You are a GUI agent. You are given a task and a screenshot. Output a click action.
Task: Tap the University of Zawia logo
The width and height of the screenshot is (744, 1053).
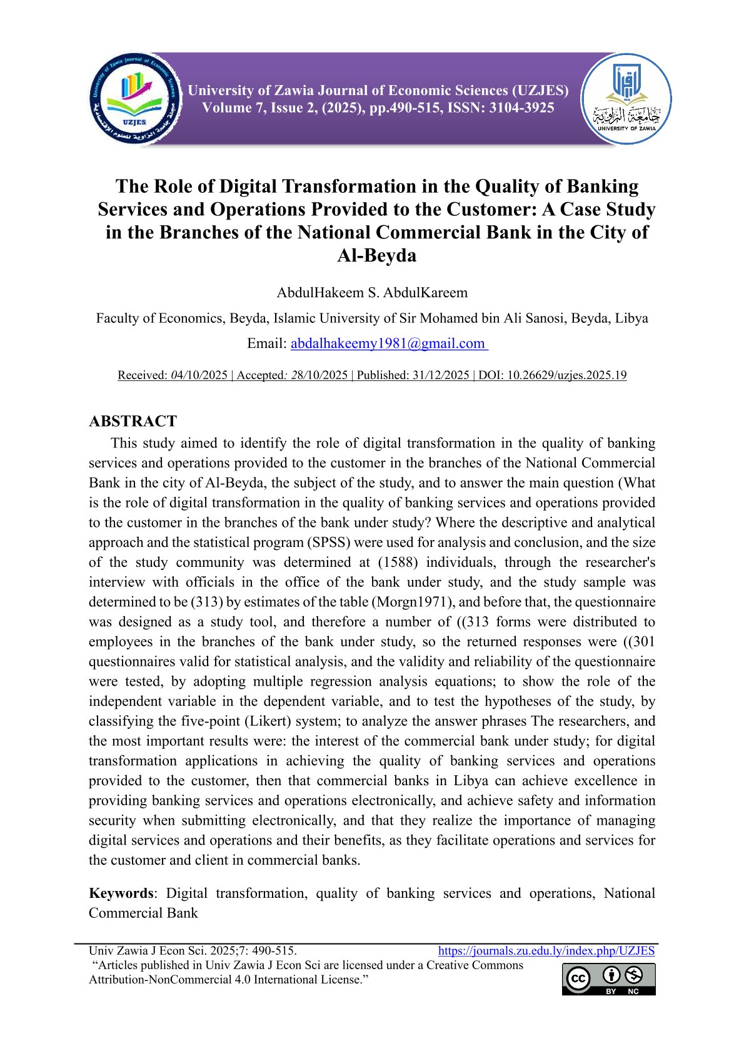point(626,99)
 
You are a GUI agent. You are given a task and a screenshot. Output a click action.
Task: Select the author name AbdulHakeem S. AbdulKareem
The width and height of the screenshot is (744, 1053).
point(372,293)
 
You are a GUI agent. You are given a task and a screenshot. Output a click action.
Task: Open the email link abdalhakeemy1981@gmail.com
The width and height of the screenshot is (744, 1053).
point(388,343)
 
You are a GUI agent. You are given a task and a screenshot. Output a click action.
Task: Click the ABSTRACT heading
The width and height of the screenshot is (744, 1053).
point(133,421)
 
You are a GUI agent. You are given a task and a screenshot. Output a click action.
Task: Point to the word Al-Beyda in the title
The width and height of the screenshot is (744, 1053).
point(376,255)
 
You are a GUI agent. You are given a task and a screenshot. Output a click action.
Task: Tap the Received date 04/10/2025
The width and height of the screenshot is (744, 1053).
point(199,375)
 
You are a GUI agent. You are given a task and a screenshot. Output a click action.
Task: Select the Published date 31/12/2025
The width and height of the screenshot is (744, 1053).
point(440,375)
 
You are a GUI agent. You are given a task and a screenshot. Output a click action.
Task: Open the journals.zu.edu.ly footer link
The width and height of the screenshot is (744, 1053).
point(546,951)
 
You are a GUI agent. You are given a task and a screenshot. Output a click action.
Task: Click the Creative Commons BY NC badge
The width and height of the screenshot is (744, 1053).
point(609,979)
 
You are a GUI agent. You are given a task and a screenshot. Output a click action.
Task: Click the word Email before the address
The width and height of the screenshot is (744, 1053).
point(266,343)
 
